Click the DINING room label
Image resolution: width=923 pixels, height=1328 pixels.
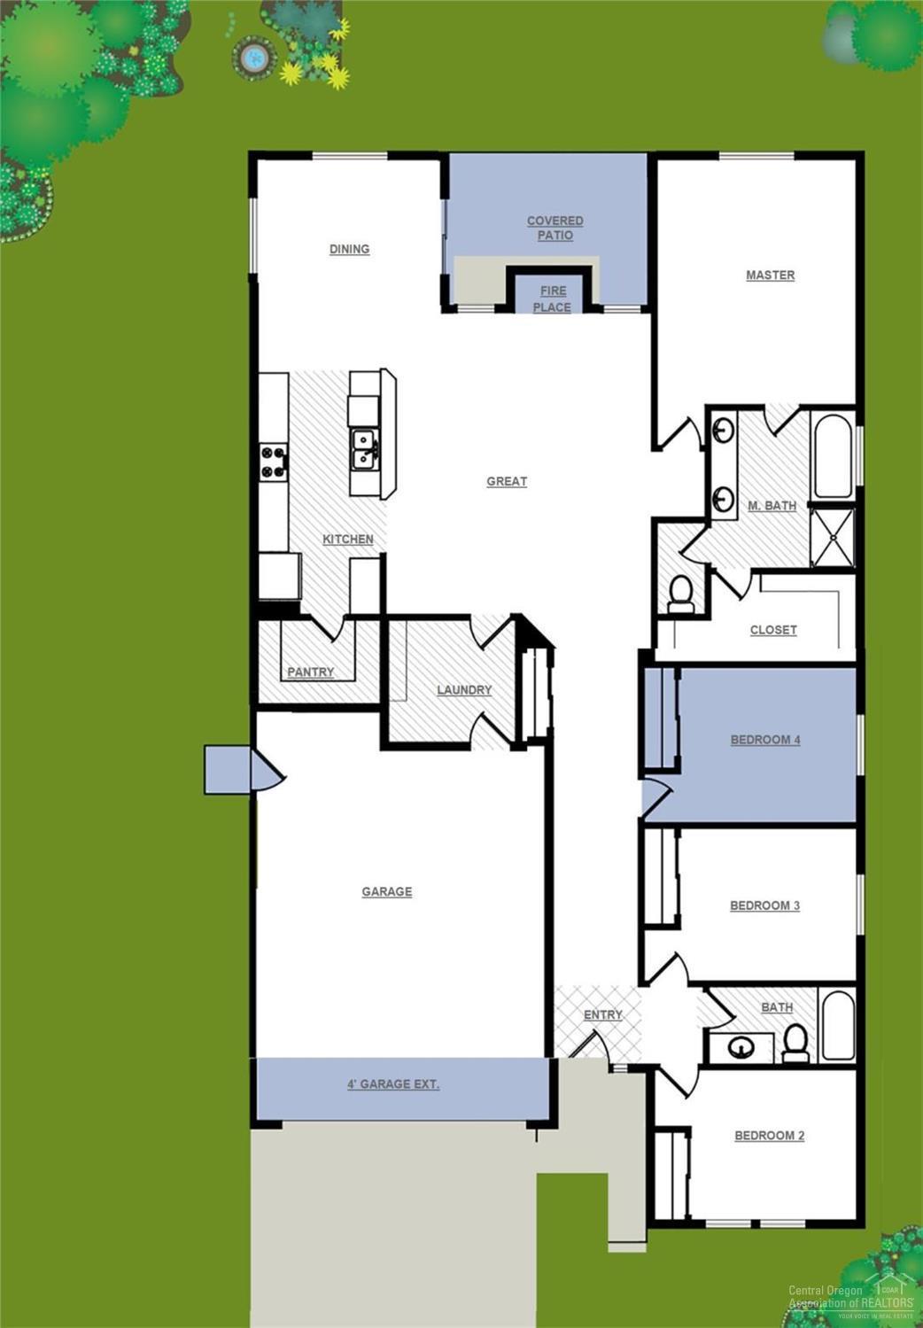coord(349,249)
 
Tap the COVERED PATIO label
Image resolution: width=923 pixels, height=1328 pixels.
coord(555,228)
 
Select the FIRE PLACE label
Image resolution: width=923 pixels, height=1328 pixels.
coord(552,299)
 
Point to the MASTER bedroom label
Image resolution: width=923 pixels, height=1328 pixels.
coord(770,275)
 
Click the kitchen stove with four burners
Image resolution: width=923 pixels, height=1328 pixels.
coord(274,462)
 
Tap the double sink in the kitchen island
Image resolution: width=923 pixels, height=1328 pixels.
coord(364,450)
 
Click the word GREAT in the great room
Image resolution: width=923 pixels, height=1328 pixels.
coord(507,481)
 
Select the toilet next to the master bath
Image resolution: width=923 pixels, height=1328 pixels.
coord(681,593)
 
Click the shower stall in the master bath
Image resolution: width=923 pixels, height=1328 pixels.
coord(833,537)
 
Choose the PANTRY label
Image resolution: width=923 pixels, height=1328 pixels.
coord(310,672)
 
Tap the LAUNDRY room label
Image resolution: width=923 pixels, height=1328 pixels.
coord(464,689)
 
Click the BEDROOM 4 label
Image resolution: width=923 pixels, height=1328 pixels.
coord(764,739)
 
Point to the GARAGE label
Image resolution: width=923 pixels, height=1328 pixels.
coord(386,891)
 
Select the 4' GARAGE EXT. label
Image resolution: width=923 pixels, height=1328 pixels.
coord(393,1083)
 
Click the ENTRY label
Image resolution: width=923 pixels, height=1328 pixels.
coord(602,1014)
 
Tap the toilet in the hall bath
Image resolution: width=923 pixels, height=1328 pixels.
coord(796,1043)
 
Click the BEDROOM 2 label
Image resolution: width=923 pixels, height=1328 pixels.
coord(769,1135)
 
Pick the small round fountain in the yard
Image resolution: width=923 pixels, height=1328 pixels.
coord(254,58)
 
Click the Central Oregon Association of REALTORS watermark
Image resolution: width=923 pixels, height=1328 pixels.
coord(850,1297)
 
